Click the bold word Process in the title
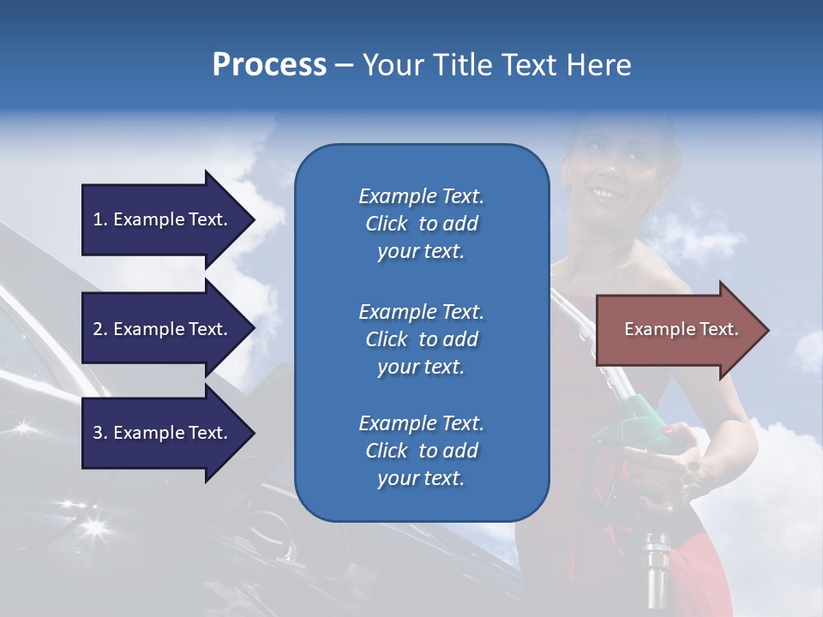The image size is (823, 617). tap(269, 65)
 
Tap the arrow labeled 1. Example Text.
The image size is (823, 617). tap(163, 219)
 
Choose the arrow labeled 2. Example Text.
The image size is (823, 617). tap(163, 329)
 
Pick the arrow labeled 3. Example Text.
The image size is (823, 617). tap(163, 433)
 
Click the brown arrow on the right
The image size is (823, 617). tap(677, 329)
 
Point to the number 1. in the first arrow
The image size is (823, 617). tap(100, 219)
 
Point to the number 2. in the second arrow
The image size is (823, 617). tap(100, 329)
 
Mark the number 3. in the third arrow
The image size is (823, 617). tap(100, 433)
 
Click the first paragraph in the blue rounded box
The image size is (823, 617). tap(421, 224)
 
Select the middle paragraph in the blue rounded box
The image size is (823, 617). tap(421, 339)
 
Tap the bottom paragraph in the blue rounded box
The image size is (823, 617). tap(421, 451)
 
